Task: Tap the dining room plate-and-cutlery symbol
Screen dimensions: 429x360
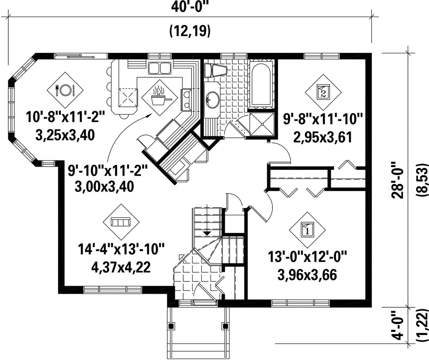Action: (65, 90)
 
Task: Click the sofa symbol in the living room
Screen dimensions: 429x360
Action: (121, 222)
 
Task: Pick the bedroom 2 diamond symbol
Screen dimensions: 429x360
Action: (323, 92)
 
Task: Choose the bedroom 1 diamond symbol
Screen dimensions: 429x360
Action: (307, 229)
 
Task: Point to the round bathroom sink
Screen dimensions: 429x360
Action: (212, 100)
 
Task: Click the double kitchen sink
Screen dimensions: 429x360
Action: (159, 68)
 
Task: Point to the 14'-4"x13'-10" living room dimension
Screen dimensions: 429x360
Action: (121, 250)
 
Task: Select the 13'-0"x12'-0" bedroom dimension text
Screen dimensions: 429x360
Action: (307, 258)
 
